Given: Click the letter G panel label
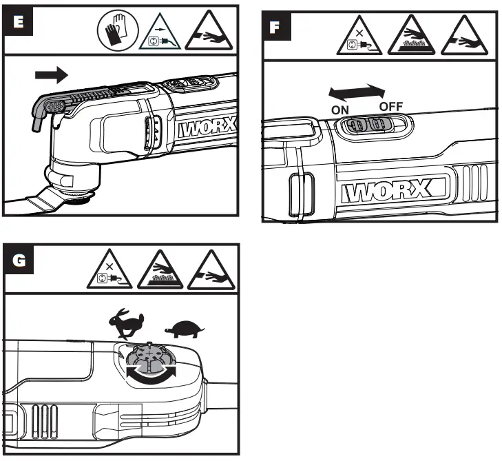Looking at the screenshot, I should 19,261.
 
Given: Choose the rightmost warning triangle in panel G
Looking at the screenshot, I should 217,274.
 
